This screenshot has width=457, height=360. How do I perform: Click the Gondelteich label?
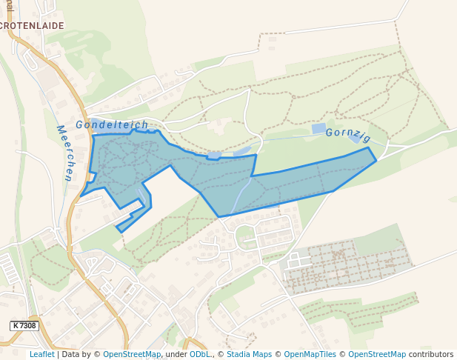pos(112,124)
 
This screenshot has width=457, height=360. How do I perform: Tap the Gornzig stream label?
pos(347,133)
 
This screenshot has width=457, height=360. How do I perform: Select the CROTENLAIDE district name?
pos(32,25)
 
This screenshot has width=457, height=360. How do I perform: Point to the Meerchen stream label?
pos(64,153)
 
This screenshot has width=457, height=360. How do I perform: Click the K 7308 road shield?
pos(24,325)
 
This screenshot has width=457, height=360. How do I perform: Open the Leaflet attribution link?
pos(41,354)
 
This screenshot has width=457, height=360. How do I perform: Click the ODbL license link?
pos(200,354)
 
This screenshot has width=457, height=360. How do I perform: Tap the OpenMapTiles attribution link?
pos(310,354)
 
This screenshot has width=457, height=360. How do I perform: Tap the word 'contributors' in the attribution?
pos(431,354)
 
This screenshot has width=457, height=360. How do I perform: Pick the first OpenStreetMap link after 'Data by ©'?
pos(132,354)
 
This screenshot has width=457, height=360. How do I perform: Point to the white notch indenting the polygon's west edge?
pos(93,176)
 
